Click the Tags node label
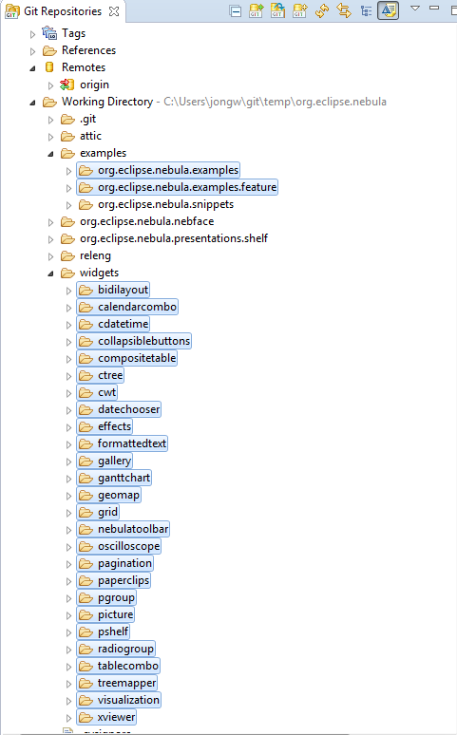click(x=73, y=33)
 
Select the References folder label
click(x=88, y=50)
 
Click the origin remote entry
click(x=94, y=85)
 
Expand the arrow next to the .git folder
click(x=50, y=120)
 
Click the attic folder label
click(x=90, y=136)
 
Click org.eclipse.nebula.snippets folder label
click(x=165, y=204)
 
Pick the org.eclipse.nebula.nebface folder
click(x=147, y=221)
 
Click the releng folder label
click(x=95, y=255)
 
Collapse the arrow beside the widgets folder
click(x=50, y=273)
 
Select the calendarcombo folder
click(x=127, y=307)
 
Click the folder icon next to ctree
click(x=86, y=375)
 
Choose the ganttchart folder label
click(x=124, y=478)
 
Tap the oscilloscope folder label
click(x=129, y=546)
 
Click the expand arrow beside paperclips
click(x=68, y=581)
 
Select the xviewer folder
click(x=106, y=717)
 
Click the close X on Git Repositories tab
click(x=114, y=11)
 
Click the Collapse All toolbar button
click(x=235, y=10)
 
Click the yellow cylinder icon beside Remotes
click(x=49, y=67)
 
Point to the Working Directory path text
click(x=275, y=102)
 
